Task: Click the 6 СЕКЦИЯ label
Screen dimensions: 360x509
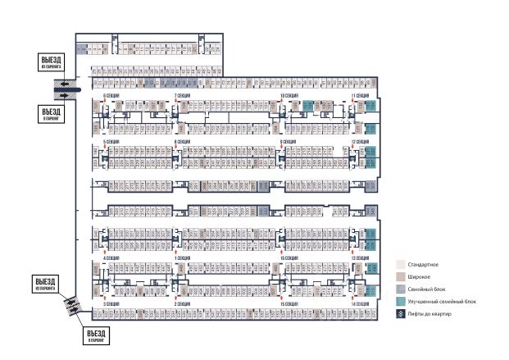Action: tap(110, 96)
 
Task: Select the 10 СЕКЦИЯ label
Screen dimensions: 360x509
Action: tap(288, 96)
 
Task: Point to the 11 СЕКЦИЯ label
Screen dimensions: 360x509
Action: tap(361, 96)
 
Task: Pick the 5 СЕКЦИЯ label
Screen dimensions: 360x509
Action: tap(110, 142)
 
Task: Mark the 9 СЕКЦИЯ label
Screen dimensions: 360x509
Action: tap(288, 142)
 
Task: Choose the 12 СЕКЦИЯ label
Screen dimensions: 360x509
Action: tap(361, 142)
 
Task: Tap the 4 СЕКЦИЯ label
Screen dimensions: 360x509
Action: tap(110, 257)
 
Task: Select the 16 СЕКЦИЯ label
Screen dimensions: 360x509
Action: tap(288, 257)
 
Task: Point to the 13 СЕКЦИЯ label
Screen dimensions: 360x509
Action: tap(361, 257)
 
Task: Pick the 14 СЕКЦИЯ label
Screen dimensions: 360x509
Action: tap(361, 304)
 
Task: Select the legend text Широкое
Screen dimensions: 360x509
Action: tap(420, 277)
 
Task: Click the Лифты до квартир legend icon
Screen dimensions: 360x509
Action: tap(400, 314)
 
